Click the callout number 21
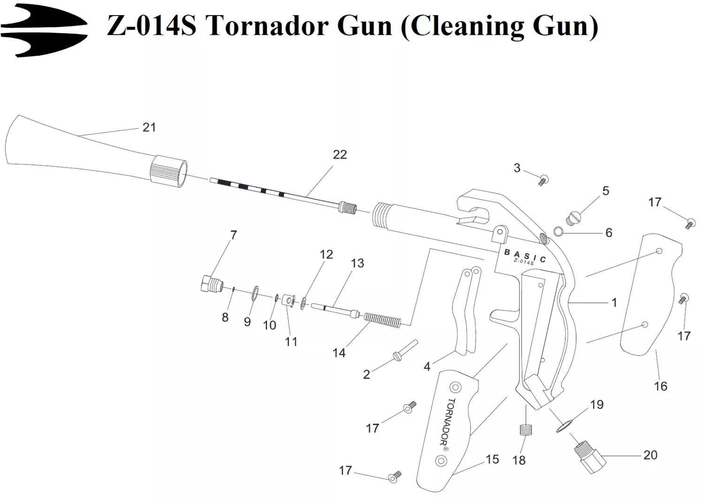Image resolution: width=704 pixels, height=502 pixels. pyautogui.click(x=149, y=127)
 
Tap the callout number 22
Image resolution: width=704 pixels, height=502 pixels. pyautogui.click(x=340, y=154)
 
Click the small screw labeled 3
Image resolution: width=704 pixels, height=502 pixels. pyautogui.click(x=544, y=179)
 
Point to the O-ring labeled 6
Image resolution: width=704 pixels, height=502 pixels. pyautogui.click(x=559, y=231)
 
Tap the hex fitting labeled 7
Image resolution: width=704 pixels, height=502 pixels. pyautogui.click(x=210, y=284)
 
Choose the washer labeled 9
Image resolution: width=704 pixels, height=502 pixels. pyautogui.click(x=255, y=294)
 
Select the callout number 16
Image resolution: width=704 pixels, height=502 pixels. pyautogui.click(x=660, y=386)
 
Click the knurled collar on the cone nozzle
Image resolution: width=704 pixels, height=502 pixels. pyautogui.click(x=168, y=171)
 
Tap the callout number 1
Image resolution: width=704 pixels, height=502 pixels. pyautogui.click(x=614, y=303)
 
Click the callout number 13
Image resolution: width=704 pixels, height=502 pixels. pyautogui.click(x=357, y=263)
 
